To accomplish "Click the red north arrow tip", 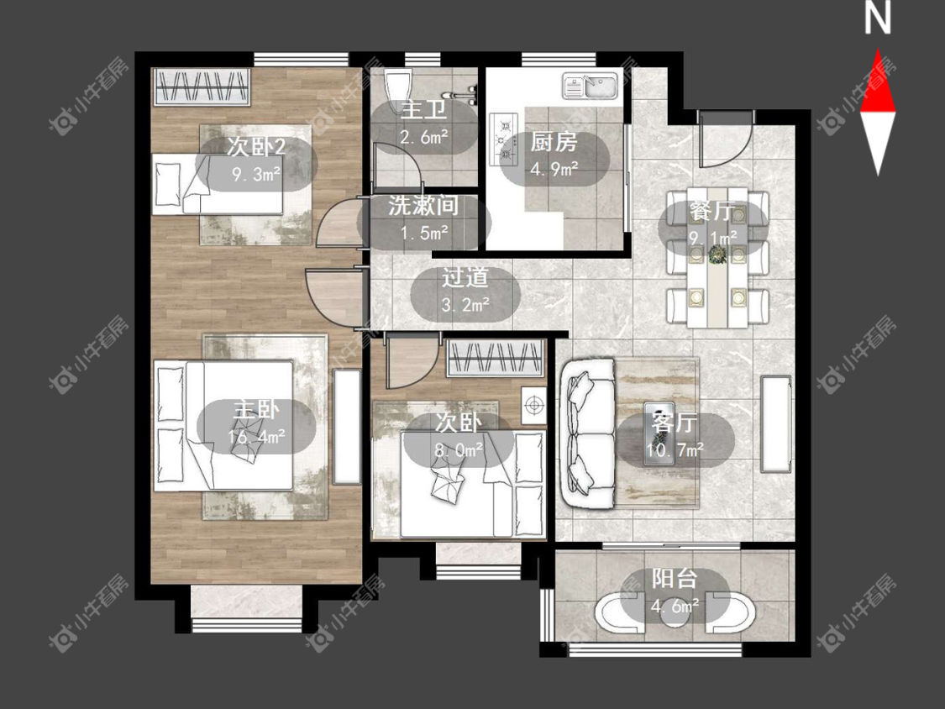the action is click(x=878, y=50).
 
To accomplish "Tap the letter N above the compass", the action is click(x=878, y=18).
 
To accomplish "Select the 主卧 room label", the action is click(x=257, y=410).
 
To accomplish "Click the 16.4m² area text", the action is click(x=257, y=437).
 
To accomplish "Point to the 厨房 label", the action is click(x=554, y=142).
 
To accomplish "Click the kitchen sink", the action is click(x=591, y=86).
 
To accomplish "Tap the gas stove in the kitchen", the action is click(x=505, y=140).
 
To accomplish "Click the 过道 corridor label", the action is click(x=465, y=278).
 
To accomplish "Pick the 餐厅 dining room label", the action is click(x=713, y=212).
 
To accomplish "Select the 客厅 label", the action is click(x=675, y=423).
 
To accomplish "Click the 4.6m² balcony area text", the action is click(x=675, y=605).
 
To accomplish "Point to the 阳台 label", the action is click(x=675, y=579).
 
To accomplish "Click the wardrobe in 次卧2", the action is click(x=202, y=87).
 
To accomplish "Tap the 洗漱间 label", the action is click(x=423, y=206).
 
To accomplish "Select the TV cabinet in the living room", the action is click(x=776, y=424).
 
